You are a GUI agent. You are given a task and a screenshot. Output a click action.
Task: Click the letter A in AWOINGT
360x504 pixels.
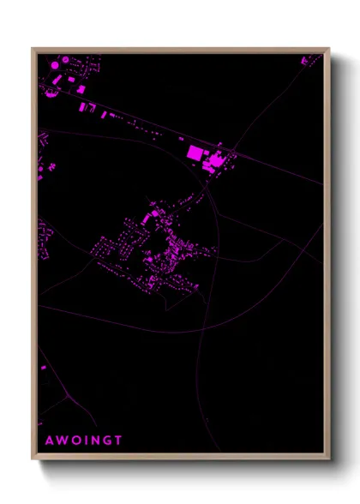pos(48,441)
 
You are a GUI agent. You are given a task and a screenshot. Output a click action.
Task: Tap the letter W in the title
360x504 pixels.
pos(61,441)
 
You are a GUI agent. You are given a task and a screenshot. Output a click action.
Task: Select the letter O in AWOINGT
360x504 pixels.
pos(75,441)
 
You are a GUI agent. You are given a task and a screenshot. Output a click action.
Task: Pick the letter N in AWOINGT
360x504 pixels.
pos(94,441)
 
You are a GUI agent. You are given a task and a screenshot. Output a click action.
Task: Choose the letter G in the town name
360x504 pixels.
pos(107,441)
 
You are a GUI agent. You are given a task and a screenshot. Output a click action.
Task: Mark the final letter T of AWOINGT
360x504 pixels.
pos(119,441)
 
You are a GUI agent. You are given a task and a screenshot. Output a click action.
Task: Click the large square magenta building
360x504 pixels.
pos(195,153)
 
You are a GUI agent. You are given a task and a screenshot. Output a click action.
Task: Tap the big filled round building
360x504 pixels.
pos(54,64)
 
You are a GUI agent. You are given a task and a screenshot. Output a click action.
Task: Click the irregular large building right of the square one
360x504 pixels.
pos(214,159)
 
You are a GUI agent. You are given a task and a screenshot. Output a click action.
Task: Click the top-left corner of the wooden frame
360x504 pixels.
pos(33,49)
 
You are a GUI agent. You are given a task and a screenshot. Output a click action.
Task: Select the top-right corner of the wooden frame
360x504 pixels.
pos(329,49)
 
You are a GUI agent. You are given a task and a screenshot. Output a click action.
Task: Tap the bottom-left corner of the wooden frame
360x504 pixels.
pos(33,459)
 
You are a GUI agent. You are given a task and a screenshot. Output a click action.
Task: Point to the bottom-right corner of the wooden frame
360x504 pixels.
pos(329,459)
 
